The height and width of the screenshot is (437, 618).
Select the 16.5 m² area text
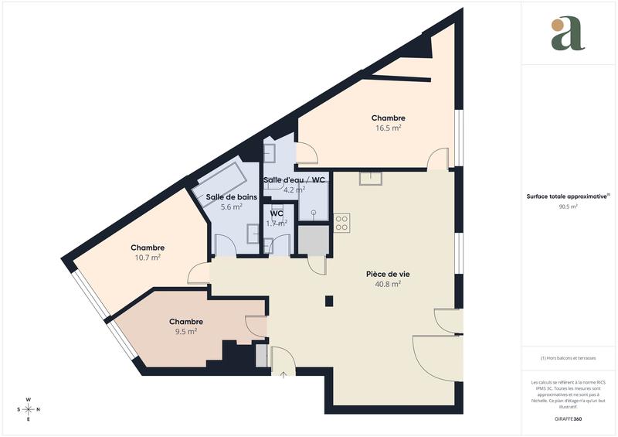click(388, 128)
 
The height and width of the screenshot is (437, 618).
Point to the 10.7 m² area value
click(147, 258)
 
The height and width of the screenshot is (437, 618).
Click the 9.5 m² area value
click(185, 331)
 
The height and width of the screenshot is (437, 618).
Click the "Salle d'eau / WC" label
click(294, 180)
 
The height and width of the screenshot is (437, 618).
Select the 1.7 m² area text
click(276, 224)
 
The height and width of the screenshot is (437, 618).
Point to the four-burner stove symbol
click(341, 224)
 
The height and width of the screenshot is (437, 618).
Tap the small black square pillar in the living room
click(329, 301)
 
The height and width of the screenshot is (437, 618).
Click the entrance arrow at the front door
click(283, 376)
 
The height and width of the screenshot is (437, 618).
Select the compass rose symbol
click(29, 409)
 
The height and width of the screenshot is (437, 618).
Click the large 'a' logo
click(568, 33)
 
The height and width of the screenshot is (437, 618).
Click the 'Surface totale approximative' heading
click(567, 196)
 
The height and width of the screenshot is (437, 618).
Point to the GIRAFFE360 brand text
click(569, 418)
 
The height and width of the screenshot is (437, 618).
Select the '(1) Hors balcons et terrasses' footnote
click(569, 358)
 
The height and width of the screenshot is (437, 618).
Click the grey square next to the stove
click(312, 242)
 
